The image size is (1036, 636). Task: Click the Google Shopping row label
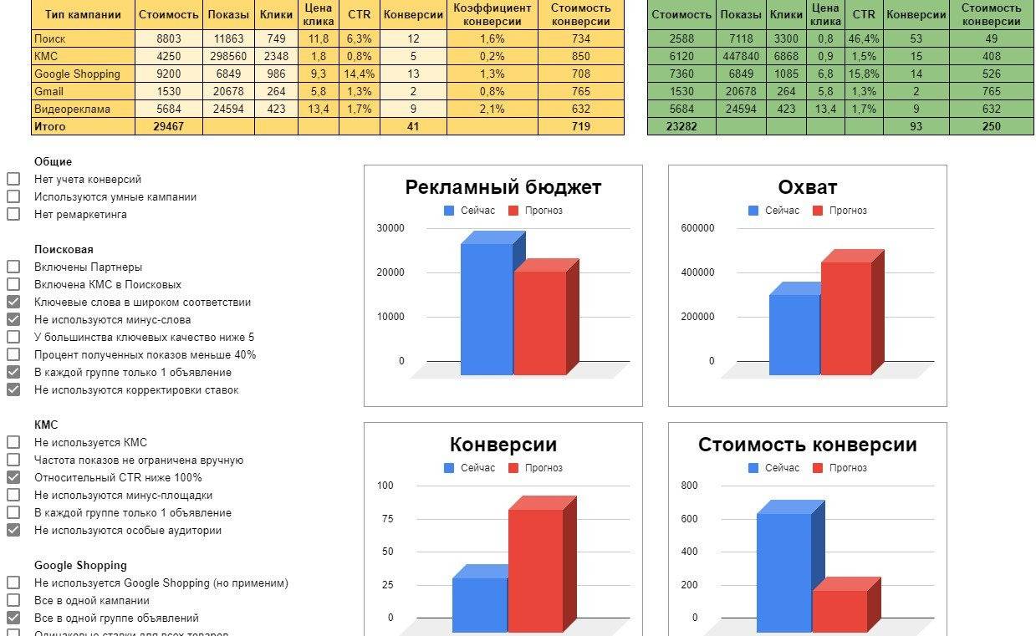(x=77, y=74)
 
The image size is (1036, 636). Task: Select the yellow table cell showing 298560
(x=228, y=56)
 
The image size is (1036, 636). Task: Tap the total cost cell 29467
(x=168, y=126)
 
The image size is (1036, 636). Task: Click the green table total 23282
(x=681, y=126)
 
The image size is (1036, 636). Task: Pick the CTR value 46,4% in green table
(x=863, y=38)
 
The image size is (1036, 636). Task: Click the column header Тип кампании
(x=83, y=14)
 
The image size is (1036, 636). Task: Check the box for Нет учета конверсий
(x=13, y=179)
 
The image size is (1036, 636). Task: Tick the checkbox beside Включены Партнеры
(x=13, y=267)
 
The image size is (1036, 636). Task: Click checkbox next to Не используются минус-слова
(x=13, y=319)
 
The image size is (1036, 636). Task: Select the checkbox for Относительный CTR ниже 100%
(x=13, y=477)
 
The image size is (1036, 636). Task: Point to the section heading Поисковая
(x=64, y=249)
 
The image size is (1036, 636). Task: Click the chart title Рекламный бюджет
(x=503, y=187)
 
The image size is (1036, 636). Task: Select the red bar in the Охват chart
(x=846, y=318)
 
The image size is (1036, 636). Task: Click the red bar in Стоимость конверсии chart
(x=840, y=610)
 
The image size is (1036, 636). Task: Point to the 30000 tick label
(x=390, y=228)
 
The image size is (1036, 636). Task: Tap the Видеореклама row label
(x=72, y=109)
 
